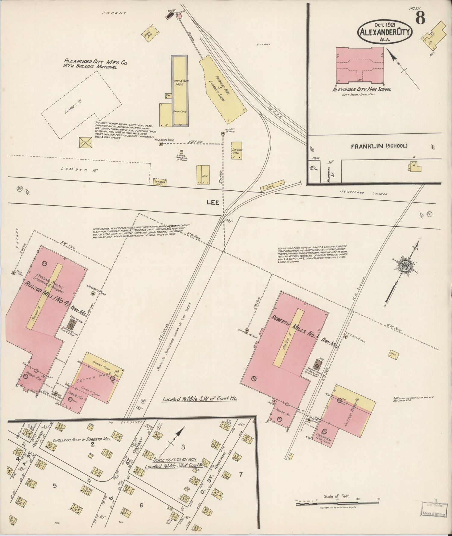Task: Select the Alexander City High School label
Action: pos(362,89)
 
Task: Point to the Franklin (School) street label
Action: pos(379,146)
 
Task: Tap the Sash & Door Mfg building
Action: pos(180,90)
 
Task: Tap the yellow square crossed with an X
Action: pos(85,142)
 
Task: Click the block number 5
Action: pos(55,485)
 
